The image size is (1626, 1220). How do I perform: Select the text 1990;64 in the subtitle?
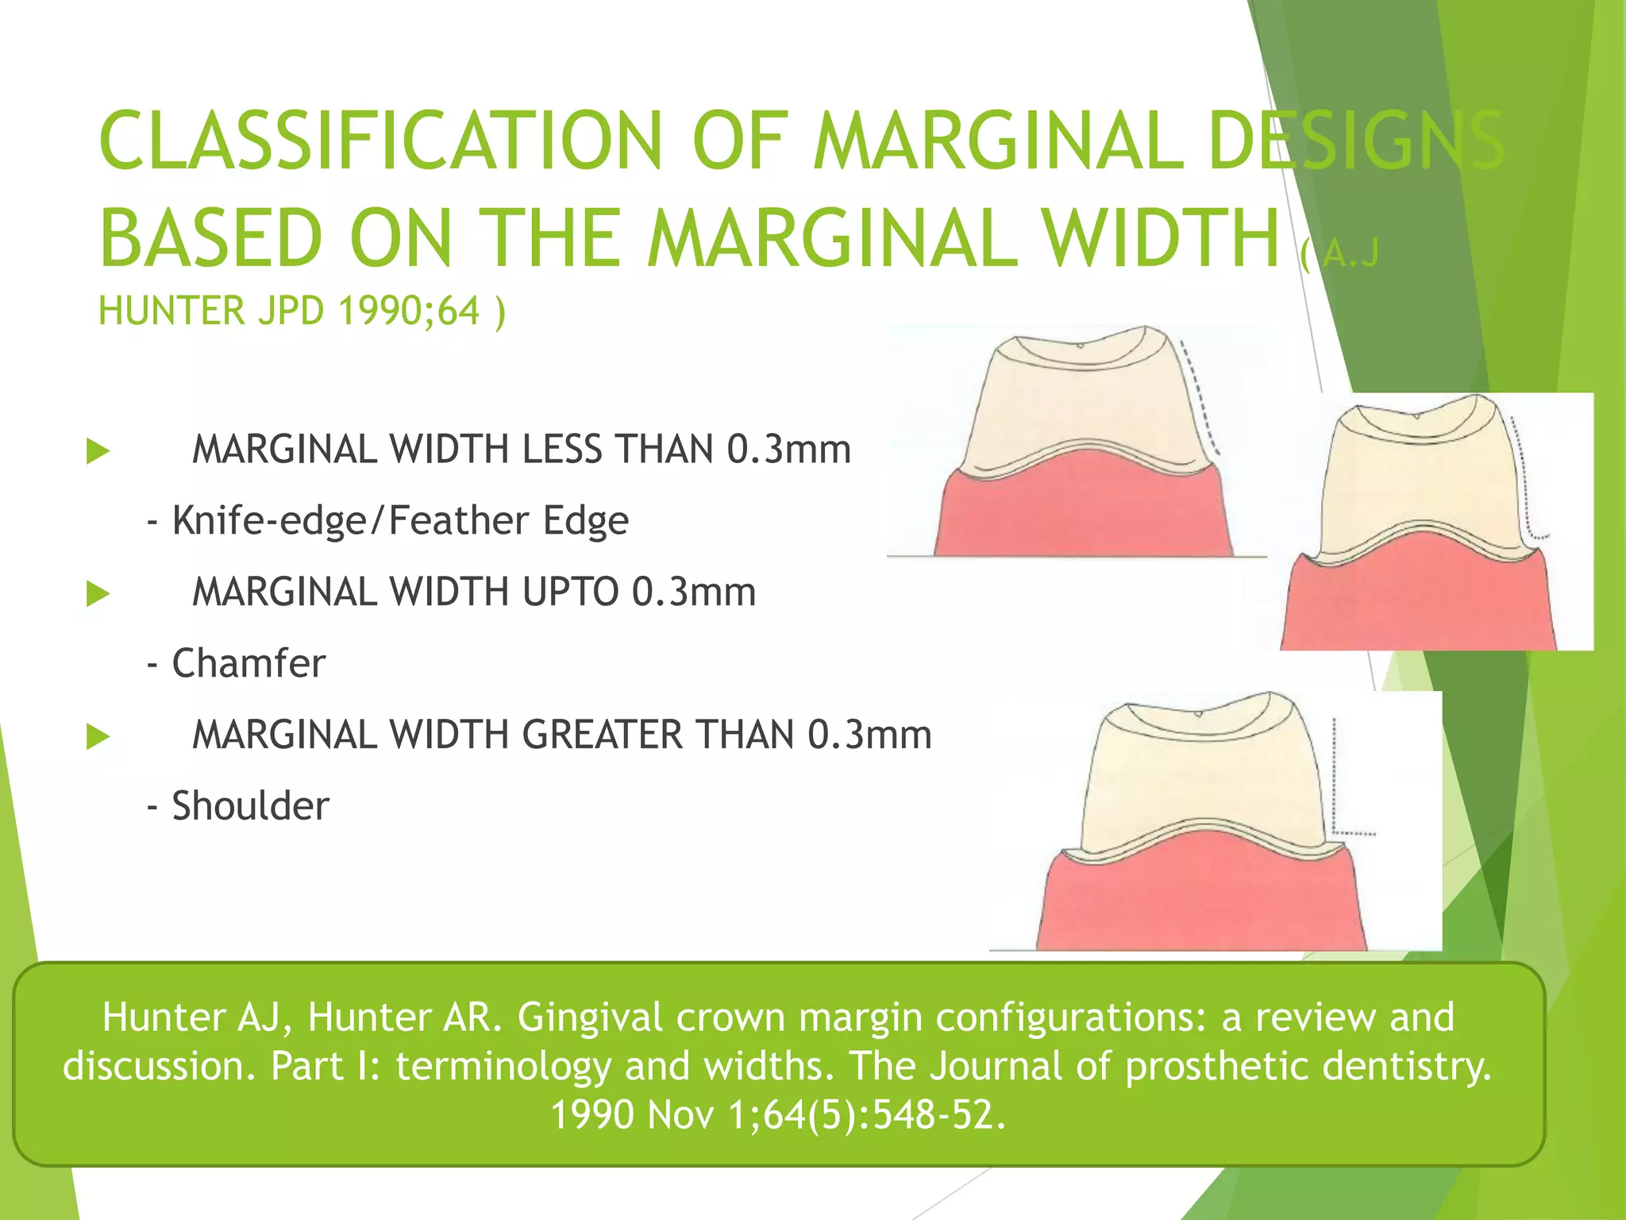[409, 311]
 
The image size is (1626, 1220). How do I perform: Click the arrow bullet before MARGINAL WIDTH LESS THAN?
[98, 451]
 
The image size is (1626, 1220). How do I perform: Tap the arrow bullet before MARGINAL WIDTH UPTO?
[98, 593]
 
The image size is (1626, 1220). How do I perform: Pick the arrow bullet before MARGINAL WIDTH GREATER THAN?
[98, 736]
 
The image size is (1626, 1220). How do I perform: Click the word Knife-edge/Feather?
[349, 521]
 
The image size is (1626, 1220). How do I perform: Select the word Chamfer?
[249, 663]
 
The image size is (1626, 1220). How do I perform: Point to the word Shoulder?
[250, 806]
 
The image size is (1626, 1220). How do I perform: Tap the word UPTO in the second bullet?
[564, 593]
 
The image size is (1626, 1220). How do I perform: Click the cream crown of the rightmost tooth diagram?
[1421, 477]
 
